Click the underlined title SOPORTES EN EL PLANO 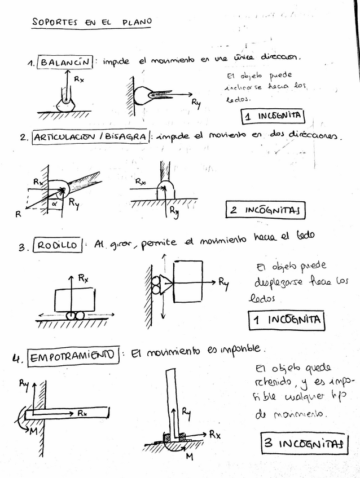point(91,23)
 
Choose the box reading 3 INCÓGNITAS point(303,443)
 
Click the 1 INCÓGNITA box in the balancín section point(273,116)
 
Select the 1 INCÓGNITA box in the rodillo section point(287,320)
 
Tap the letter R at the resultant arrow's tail point(18,214)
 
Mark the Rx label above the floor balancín point(79,79)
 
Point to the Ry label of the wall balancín point(196,102)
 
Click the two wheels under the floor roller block point(75,315)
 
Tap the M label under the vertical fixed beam point(189,457)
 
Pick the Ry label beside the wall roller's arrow point(224,283)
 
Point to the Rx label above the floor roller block point(83,277)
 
